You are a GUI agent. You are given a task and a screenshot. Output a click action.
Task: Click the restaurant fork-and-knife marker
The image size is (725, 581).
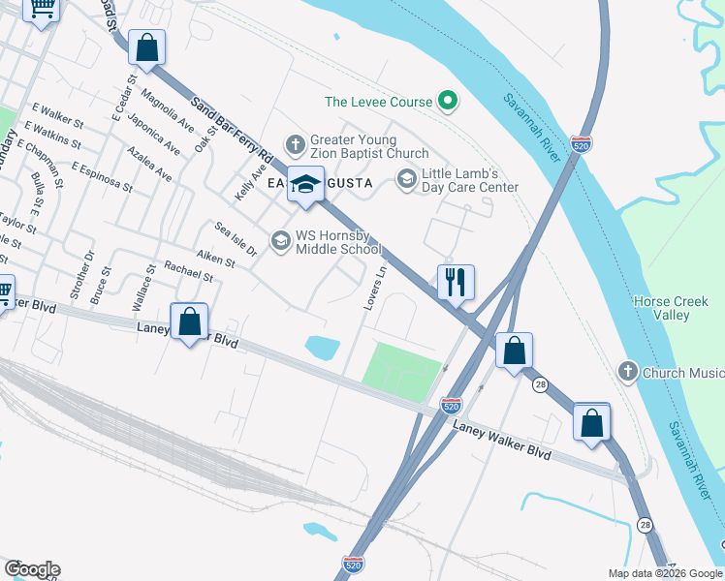coord(456,283)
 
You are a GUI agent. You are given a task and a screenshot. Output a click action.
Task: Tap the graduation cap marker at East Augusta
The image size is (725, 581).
coord(305,184)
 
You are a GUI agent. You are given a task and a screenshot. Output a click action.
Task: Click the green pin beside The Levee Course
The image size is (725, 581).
coord(448,100)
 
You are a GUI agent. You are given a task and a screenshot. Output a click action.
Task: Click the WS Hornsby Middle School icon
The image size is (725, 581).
coord(281,239)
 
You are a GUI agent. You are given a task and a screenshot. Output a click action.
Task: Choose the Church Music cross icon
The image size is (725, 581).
coord(628,372)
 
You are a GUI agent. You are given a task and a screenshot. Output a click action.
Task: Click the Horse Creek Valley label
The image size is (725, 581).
coord(662,308)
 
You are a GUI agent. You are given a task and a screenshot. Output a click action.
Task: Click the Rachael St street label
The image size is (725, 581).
coord(188,270)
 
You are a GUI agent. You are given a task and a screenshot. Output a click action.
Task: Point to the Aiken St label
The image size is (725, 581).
coord(216,260)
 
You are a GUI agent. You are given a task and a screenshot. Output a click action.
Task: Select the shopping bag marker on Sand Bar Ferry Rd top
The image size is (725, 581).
coord(146,47)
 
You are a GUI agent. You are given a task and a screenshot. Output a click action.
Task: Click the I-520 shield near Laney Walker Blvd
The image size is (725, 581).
coord(451,406)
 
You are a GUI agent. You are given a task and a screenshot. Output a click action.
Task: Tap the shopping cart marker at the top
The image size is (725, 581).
coord(41,8)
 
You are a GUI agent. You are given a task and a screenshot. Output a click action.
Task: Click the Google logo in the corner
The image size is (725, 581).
coord(32,568)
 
